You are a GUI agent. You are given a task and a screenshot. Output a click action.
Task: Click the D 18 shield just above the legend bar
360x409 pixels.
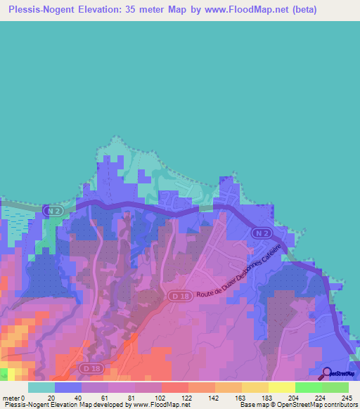click(x=88, y=368)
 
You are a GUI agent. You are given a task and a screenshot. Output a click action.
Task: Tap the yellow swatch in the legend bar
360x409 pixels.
click(x=282, y=387)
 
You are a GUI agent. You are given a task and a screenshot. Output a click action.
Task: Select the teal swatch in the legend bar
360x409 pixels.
click(x=41, y=387)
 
